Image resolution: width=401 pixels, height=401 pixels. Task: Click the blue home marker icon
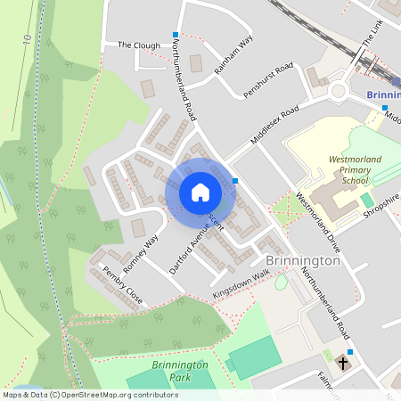200,192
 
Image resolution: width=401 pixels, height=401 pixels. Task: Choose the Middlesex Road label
274,127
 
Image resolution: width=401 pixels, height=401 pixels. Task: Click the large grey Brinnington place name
303,261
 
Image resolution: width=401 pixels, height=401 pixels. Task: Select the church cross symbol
343,364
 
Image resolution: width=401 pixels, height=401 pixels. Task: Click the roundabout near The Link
340,90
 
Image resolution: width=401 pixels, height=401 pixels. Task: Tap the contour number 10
28,41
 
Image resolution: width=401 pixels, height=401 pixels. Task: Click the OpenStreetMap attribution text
90,395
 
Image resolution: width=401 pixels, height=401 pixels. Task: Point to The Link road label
372,32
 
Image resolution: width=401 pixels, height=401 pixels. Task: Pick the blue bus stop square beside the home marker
235,181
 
